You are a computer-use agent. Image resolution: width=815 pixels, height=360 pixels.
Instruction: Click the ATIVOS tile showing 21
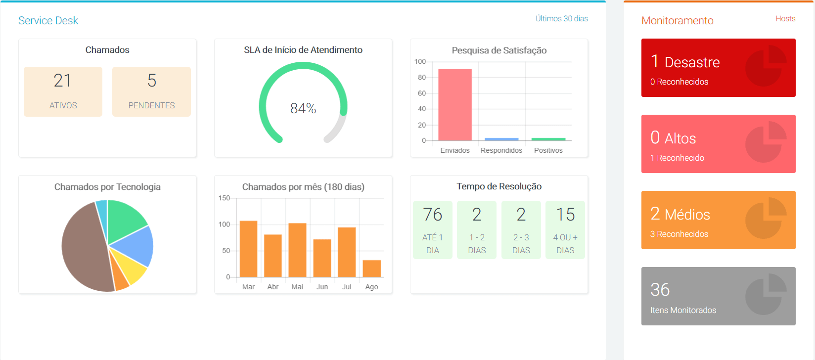[63, 91]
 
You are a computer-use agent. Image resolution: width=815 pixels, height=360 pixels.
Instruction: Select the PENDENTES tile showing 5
[151, 91]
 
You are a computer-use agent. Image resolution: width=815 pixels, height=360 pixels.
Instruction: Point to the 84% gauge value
[303, 108]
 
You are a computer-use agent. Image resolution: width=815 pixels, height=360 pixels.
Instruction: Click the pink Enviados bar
[455, 105]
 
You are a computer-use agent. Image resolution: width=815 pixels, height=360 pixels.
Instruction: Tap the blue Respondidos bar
[501, 139]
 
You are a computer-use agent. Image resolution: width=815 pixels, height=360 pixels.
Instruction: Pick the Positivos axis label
[548, 150]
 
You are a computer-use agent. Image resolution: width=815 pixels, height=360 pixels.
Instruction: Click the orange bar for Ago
[371, 269]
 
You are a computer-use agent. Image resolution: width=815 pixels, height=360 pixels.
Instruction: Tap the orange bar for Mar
[248, 249]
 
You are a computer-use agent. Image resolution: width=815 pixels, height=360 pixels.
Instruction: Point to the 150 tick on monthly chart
[224, 198]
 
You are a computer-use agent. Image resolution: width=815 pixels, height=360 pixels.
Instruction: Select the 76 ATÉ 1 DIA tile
[433, 230]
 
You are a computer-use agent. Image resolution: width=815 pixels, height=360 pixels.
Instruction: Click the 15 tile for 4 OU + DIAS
[565, 230]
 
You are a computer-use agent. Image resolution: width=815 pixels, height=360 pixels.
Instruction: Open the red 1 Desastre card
[718, 68]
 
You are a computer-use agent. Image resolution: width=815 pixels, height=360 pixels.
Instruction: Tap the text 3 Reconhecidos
[679, 234]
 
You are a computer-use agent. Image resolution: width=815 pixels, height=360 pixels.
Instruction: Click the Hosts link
[785, 19]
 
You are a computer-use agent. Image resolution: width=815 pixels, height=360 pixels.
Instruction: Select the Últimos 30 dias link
[561, 19]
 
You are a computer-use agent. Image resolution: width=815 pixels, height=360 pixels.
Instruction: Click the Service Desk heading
[48, 20]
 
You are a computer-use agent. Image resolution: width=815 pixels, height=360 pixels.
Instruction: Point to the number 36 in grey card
[660, 290]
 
